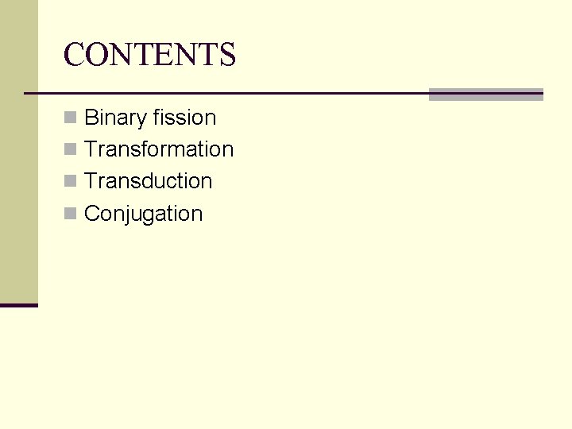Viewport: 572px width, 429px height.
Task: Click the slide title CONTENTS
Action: [x=149, y=55]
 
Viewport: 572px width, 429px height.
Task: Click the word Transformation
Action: [x=159, y=149]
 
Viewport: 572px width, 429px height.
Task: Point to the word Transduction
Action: [x=149, y=181]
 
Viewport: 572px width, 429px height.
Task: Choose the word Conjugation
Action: [x=144, y=214]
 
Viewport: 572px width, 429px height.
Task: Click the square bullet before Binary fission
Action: [x=71, y=118]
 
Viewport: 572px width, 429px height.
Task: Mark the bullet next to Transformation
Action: [x=71, y=150]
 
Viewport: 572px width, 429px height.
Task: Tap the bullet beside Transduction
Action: [x=71, y=182]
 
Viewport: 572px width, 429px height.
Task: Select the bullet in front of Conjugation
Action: [x=71, y=214]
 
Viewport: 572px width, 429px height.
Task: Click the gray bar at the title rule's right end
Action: [x=485, y=95]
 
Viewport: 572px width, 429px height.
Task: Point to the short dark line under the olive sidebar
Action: [x=19, y=305]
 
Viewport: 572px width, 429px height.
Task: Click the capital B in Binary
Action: [x=91, y=118]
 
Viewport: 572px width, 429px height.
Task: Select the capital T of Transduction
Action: [x=91, y=181]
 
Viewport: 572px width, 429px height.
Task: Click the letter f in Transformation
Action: [x=145, y=149]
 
